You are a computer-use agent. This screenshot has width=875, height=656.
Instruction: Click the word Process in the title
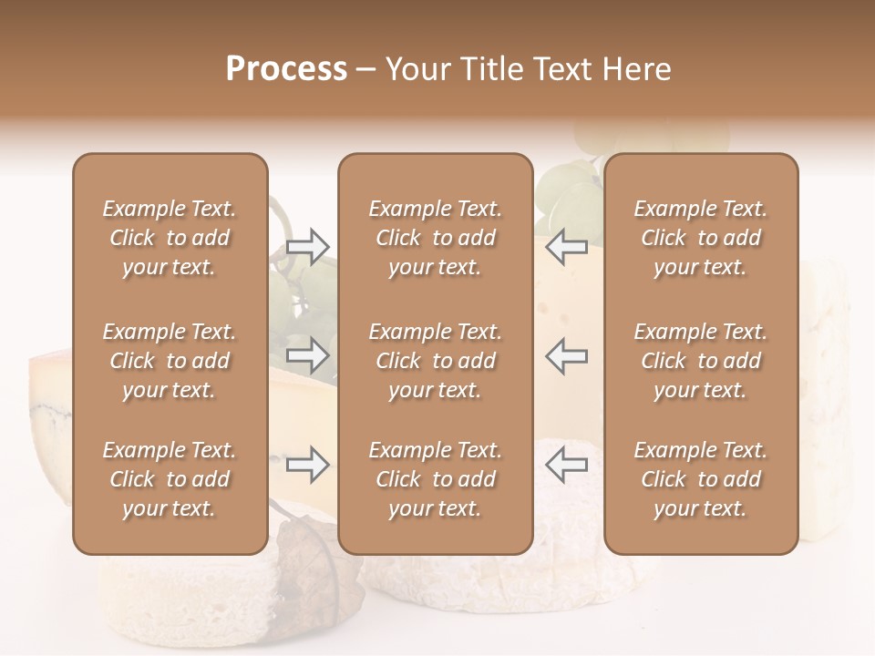[x=286, y=69]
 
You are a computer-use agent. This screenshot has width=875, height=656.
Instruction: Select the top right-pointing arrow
[x=308, y=246]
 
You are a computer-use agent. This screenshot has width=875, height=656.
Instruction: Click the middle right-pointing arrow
[x=308, y=356]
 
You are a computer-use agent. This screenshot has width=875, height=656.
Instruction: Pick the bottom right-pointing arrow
[x=308, y=465]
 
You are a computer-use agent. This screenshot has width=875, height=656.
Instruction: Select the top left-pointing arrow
[x=566, y=246]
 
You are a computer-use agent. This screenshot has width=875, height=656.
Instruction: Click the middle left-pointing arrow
[x=566, y=356]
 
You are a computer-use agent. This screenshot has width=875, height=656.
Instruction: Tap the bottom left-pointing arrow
[x=566, y=465]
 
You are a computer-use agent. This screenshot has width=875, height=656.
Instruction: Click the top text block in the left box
[x=170, y=238]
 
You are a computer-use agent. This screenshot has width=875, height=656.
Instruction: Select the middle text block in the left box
[x=170, y=361]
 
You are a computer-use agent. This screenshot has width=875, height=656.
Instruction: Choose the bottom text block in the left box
[x=170, y=479]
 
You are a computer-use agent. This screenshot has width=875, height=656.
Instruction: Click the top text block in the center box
[x=435, y=238]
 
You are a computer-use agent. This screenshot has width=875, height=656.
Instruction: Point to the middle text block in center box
[x=435, y=361]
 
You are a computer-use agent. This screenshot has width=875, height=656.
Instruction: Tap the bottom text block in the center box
[x=435, y=479]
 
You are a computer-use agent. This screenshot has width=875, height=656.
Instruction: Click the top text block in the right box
[x=700, y=238]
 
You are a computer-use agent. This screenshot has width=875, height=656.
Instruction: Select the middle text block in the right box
[x=700, y=361]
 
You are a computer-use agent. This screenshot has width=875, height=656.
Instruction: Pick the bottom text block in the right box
[x=700, y=479]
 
